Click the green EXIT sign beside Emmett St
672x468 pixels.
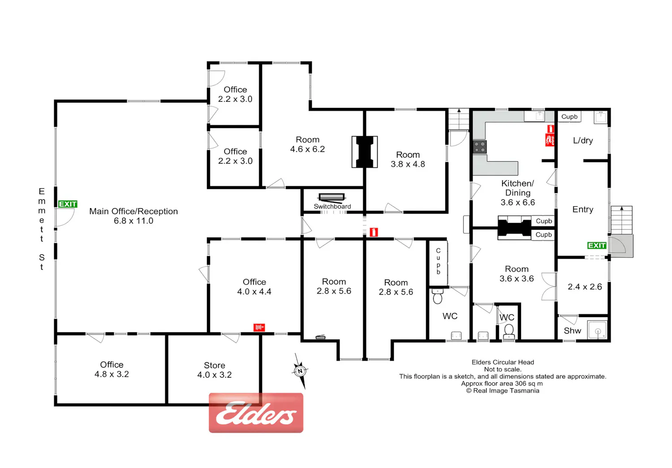click(x=68, y=204)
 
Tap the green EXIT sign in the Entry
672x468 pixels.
click(x=597, y=245)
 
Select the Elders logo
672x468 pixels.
click(x=256, y=413)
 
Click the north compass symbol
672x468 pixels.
click(x=300, y=371)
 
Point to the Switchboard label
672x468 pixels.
click(x=332, y=206)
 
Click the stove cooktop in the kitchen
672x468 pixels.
click(x=480, y=147)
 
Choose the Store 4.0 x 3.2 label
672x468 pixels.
click(x=215, y=370)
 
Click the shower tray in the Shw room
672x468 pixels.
click(x=598, y=330)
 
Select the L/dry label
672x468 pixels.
click(x=583, y=140)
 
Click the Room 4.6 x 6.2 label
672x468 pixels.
click(x=307, y=144)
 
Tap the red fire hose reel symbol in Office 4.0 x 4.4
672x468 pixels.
click(x=259, y=327)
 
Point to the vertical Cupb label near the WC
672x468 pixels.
click(x=438, y=261)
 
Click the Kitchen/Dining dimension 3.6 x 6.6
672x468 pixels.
click(x=517, y=202)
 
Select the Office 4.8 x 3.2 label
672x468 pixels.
click(x=112, y=369)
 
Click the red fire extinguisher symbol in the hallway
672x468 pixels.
click(x=374, y=232)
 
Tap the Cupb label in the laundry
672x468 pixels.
click(x=569, y=116)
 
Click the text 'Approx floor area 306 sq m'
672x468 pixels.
click(x=502, y=383)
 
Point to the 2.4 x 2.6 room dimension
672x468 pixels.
click(x=585, y=287)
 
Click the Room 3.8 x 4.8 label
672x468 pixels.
click(x=408, y=159)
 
